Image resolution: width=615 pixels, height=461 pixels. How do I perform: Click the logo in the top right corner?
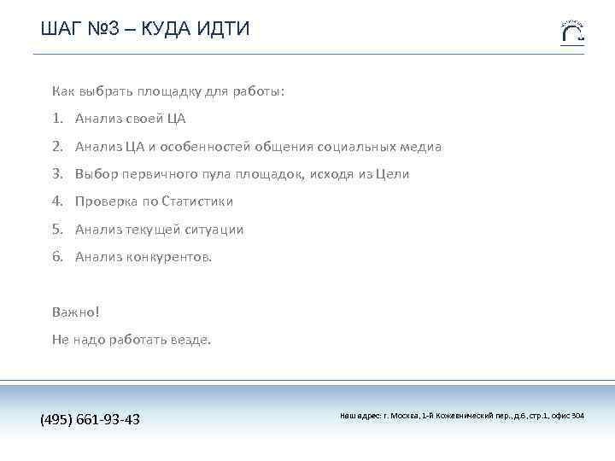pyautogui.click(x=572, y=32)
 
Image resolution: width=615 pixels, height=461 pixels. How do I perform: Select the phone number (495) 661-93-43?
pyautogui.click(x=91, y=419)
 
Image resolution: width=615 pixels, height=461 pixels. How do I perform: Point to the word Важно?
pyautogui.click(x=76, y=312)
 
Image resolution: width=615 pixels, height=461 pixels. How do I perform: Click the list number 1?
pyautogui.click(x=56, y=119)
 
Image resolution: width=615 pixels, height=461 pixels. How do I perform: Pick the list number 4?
pyautogui.click(x=56, y=201)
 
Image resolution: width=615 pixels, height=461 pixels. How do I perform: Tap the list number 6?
pyautogui.click(x=56, y=256)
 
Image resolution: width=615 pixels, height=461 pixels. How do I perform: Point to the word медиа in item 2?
pyautogui.click(x=419, y=147)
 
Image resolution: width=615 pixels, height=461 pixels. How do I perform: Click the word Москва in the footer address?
pyautogui.click(x=403, y=416)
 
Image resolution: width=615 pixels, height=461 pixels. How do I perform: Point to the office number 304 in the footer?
pyautogui.click(x=578, y=416)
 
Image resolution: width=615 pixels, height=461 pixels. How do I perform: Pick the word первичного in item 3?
pyautogui.click(x=153, y=174)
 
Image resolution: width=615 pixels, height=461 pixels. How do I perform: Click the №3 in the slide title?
pyautogui.click(x=105, y=30)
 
